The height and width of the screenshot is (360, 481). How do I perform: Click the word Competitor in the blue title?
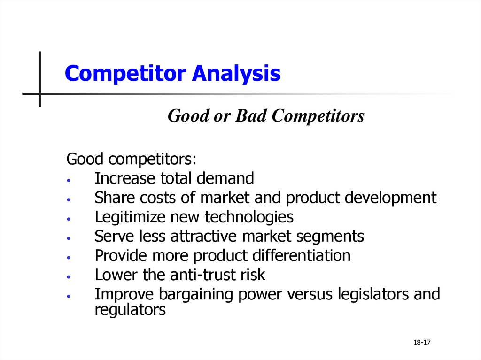[125, 74]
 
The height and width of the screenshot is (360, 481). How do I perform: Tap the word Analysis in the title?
[236, 74]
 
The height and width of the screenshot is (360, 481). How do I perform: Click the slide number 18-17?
[422, 343]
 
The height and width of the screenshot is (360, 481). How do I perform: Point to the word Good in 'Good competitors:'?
[85, 159]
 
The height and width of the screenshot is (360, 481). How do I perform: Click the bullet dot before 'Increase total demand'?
[69, 180]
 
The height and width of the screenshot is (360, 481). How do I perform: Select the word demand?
[225, 178]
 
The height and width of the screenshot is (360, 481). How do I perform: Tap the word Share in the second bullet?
[115, 197]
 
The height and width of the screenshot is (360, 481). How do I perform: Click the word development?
[390, 198]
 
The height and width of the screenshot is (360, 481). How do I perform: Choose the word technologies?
[249, 217]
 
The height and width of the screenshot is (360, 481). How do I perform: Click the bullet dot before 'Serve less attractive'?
[69, 238]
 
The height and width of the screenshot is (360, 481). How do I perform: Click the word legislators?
[373, 294]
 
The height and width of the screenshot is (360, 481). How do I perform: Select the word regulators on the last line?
[130, 310]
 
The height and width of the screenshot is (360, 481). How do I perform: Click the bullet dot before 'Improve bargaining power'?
[69, 296]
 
